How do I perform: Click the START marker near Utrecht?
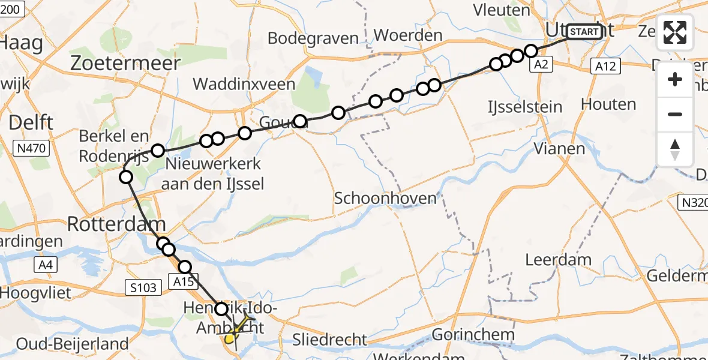click(x=583, y=32)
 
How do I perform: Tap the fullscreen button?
click(x=675, y=32)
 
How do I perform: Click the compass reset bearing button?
click(x=675, y=149)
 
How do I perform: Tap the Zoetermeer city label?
click(x=125, y=64)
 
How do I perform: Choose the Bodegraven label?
click(x=313, y=38)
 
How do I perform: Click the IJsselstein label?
click(x=525, y=107)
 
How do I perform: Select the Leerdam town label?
click(x=558, y=260)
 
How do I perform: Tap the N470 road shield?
click(x=29, y=147)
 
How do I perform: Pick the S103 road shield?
click(x=144, y=288)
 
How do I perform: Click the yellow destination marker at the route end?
click(x=229, y=340)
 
